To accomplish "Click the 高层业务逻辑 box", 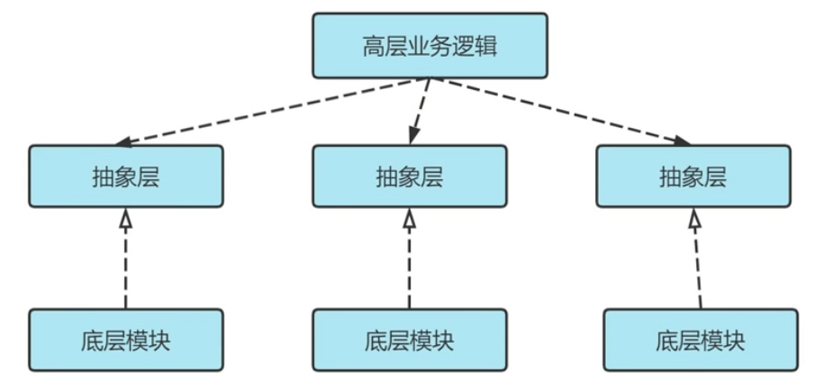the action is coord(430,46).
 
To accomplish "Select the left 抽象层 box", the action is coord(126,176).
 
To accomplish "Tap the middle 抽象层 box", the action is coord(410,176).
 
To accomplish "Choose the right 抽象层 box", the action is coord(693,176).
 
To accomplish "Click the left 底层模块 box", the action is coord(126,340).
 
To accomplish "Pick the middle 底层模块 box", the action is coord(410,340).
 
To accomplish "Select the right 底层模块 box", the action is coord(701,340).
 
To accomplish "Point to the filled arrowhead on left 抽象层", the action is coord(123,141).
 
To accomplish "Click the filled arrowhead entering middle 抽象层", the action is coord(413,136).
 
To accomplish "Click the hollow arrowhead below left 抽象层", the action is coord(125,218).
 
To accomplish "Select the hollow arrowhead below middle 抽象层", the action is coord(410,218).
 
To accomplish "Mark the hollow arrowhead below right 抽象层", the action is coord(694,218).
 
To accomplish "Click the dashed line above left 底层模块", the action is coord(125,268).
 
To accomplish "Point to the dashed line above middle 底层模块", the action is coord(410,268).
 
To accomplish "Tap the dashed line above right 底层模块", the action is coord(698,268).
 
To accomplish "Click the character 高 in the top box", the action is coord(373,46).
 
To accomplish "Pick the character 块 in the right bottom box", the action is coord(734,341).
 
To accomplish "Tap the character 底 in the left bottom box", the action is coord(93,341).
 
